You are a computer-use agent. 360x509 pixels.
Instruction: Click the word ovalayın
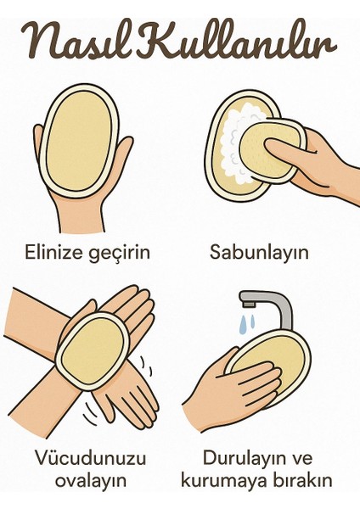(x=87, y=481)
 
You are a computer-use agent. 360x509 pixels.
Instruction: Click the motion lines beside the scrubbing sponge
(x=146, y=365)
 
